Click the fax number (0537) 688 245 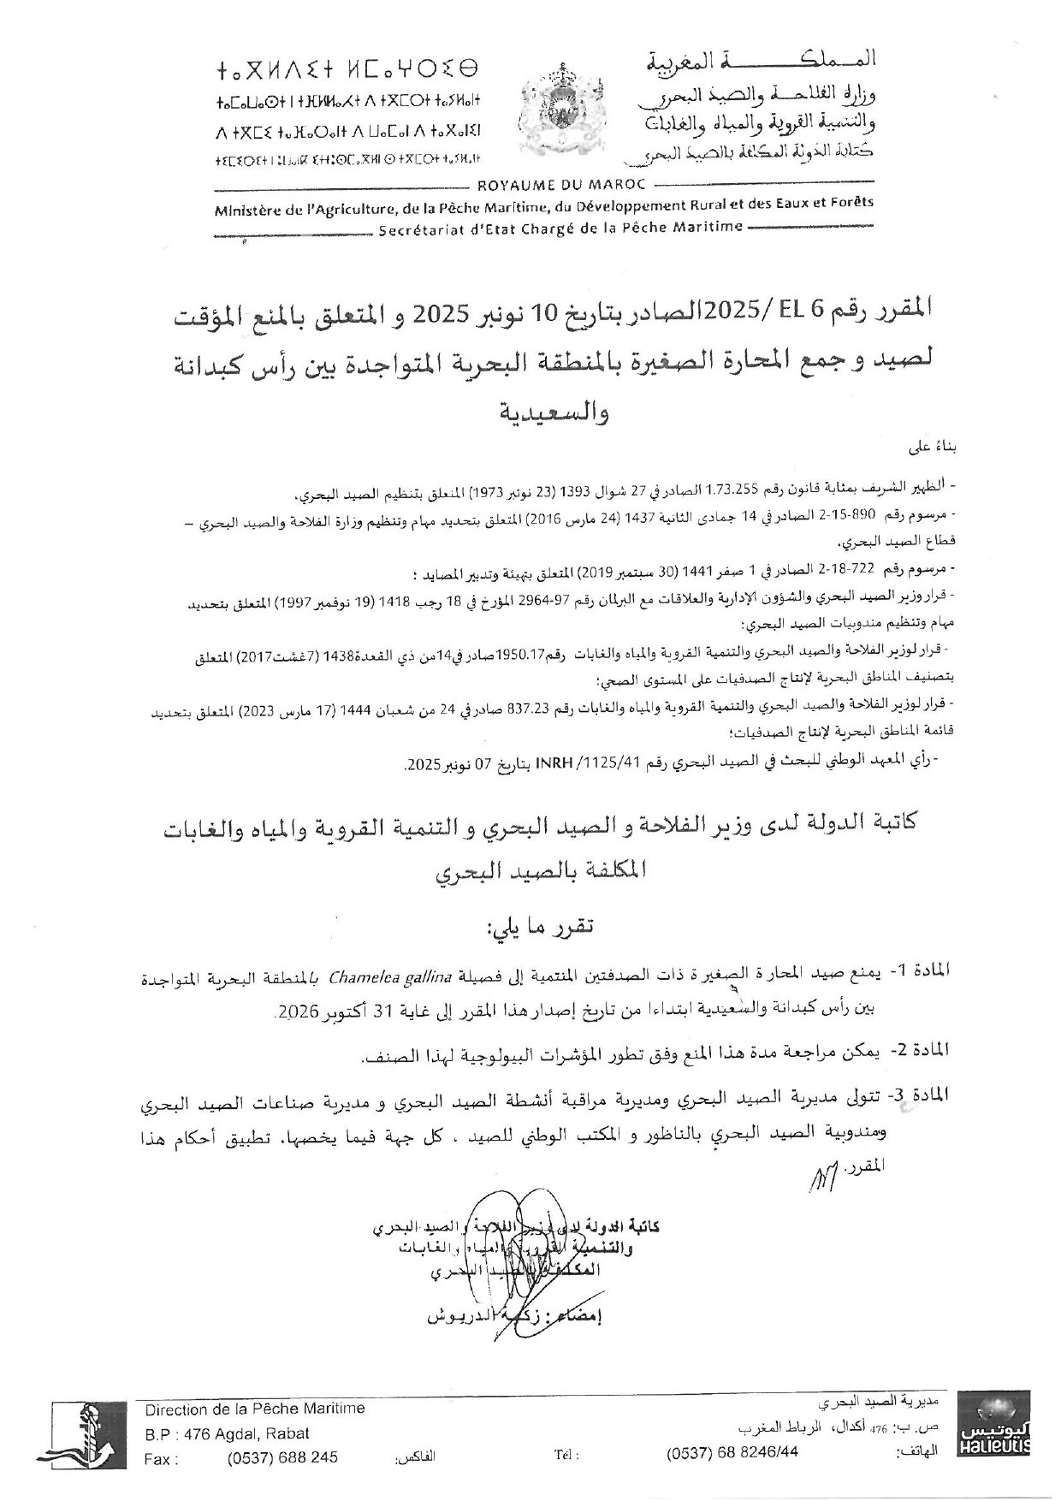(282, 1457)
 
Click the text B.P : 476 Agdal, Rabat (227, 1433)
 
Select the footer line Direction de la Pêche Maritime (255, 1409)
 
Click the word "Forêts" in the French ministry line (851, 204)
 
